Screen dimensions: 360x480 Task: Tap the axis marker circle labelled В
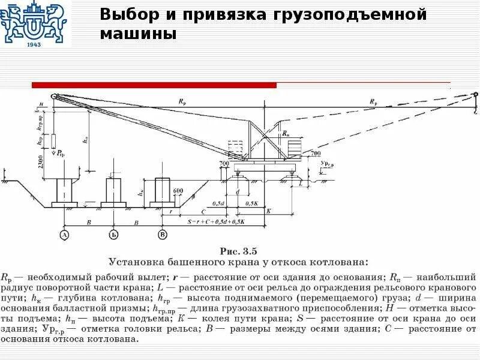coord(161,234)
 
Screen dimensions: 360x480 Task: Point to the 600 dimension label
coord(178,191)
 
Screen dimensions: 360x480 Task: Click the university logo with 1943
coord(34,25)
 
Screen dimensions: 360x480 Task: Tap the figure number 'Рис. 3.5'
coord(239,250)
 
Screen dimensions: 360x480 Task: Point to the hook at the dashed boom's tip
coord(474,102)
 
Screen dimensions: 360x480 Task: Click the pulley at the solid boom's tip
coord(53,96)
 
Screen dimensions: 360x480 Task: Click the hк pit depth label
coord(140,193)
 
